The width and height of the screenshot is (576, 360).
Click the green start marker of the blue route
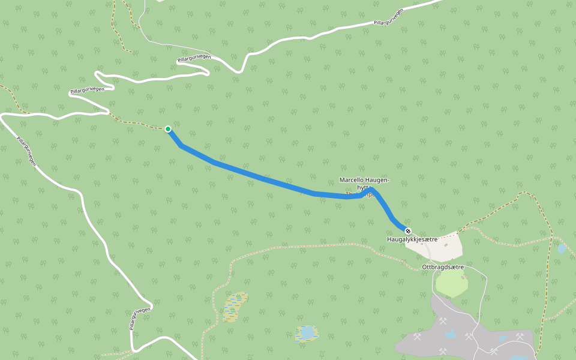(168, 129)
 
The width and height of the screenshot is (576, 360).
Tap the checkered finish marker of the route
(408, 231)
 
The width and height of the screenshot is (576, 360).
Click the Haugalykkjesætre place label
(412, 239)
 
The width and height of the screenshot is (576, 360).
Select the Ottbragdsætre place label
(443, 267)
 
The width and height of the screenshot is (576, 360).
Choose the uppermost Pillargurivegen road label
(388, 17)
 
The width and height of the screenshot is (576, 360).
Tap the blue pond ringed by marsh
(307, 332)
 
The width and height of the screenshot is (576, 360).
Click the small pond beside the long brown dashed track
(561, 248)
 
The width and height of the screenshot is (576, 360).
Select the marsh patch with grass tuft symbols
(234, 307)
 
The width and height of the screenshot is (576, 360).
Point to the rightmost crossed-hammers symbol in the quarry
(520, 337)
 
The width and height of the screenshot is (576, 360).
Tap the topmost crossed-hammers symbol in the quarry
(443, 321)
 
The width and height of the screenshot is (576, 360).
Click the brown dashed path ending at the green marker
(138, 123)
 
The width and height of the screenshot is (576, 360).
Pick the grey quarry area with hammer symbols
(456, 336)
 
